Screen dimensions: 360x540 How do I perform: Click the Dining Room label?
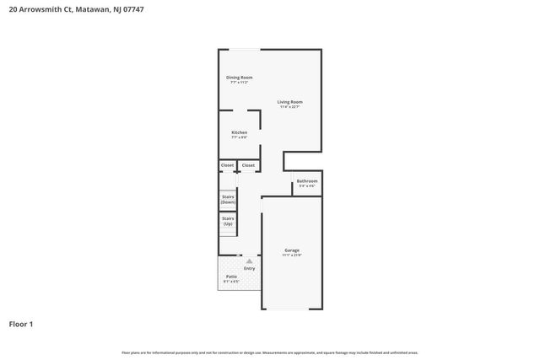[x=239, y=78]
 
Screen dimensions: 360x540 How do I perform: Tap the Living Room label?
[x=290, y=102]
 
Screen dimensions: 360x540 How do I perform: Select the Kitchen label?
[x=240, y=132]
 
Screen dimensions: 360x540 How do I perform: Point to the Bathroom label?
[x=306, y=180]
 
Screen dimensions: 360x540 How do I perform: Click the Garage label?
[x=292, y=250]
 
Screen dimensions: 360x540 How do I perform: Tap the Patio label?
[x=231, y=277]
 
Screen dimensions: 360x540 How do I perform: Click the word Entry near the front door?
[x=249, y=269]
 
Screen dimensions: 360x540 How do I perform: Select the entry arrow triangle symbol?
[x=249, y=262]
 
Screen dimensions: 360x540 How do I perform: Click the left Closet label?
[x=227, y=165]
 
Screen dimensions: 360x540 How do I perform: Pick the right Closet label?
[x=248, y=165]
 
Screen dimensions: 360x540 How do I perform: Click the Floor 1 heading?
[x=21, y=324]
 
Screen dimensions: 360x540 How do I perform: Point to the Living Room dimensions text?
[x=290, y=107]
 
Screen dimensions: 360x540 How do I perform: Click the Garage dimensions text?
[x=292, y=255]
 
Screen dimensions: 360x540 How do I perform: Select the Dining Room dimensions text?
[x=239, y=83]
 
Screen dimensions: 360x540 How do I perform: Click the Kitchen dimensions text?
[x=240, y=137]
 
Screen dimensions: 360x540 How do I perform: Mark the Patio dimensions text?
[x=231, y=282]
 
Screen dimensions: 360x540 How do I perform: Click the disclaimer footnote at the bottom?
[x=269, y=352]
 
